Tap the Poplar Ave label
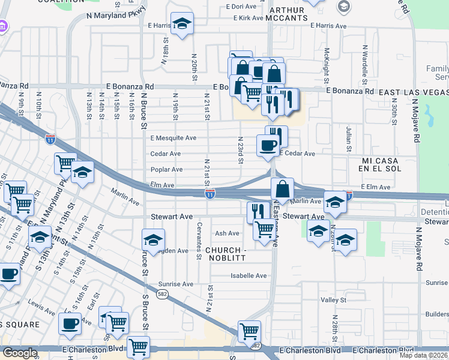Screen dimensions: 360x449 pyautogui.click(x=166, y=170)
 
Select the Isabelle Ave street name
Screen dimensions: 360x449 pyautogui.click(x=249, y=276)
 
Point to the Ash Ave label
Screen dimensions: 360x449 pyautogui.click(x=227, y=233)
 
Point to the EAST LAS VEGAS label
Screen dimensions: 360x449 pyautogui.click(x=414, y=92)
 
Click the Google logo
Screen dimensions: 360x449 pyautogui.click(x=20, y=353)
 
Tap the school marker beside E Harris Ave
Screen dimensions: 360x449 pyautogui.click(x=182, y=24)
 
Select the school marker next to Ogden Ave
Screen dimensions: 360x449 pyautogui.click(x=154, y=239)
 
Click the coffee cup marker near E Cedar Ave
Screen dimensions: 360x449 pyautogui.click(x=268, y=145)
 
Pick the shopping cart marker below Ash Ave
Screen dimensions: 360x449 pyautogui.click(x=264, y=229)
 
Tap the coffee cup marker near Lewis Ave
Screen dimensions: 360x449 pyautogui.click(x=70, y=324)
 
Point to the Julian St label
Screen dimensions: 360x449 pyautogui.click(x=348, y=139)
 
